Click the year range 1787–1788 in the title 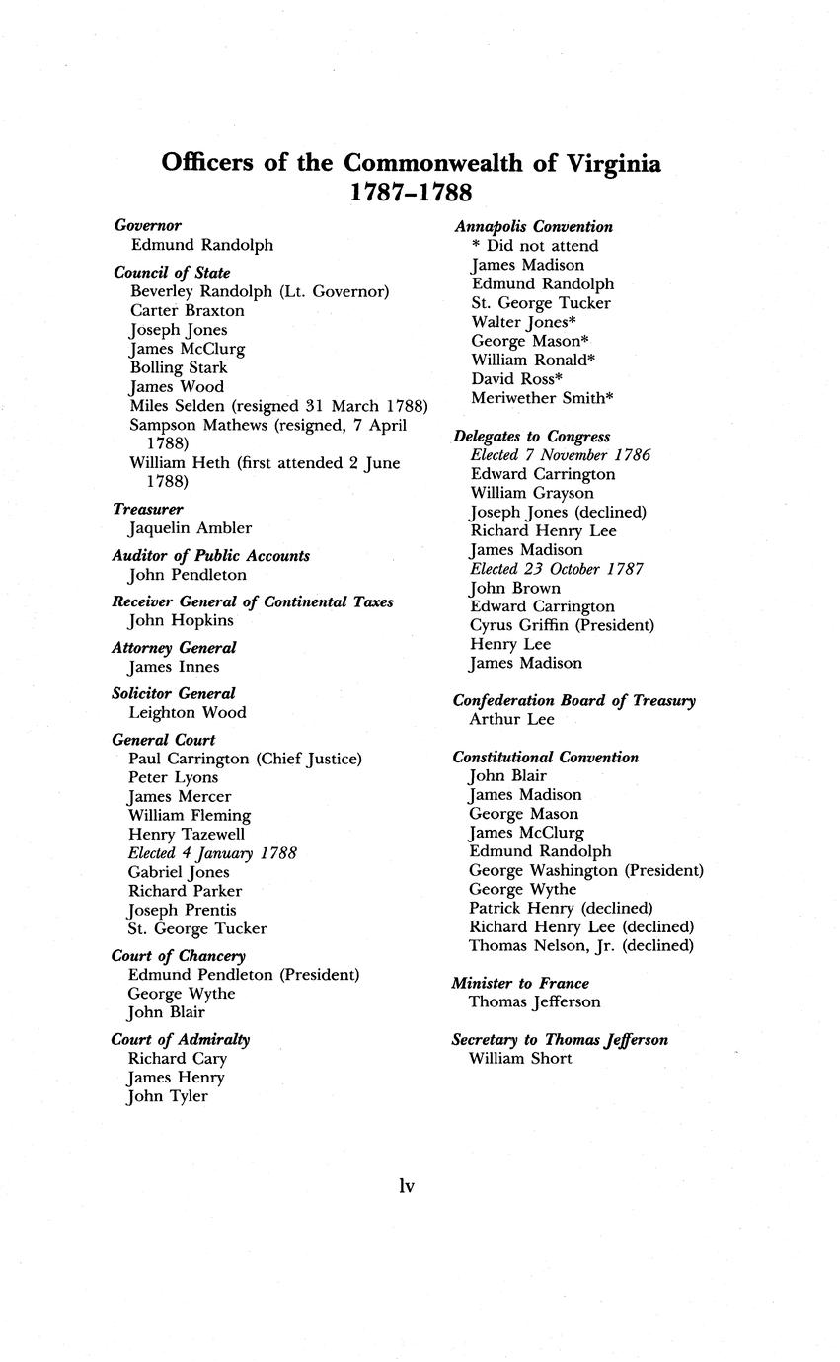tap(411, 192)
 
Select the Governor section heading tap(148, 226)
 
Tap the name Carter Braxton tap(187, 311)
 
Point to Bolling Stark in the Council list tap(179, 368)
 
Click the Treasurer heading tap(148, 510)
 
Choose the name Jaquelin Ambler tap(191, 528)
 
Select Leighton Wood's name tap(188, 713)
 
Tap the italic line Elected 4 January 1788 tap(213, 853)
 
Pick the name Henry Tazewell tap(187, 835)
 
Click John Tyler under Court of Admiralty tap(168, 1096)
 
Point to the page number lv tap(406, 1186)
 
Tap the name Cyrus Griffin tap(519, 625)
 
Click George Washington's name tap(544, 871)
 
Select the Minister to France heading tap(520, 984)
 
